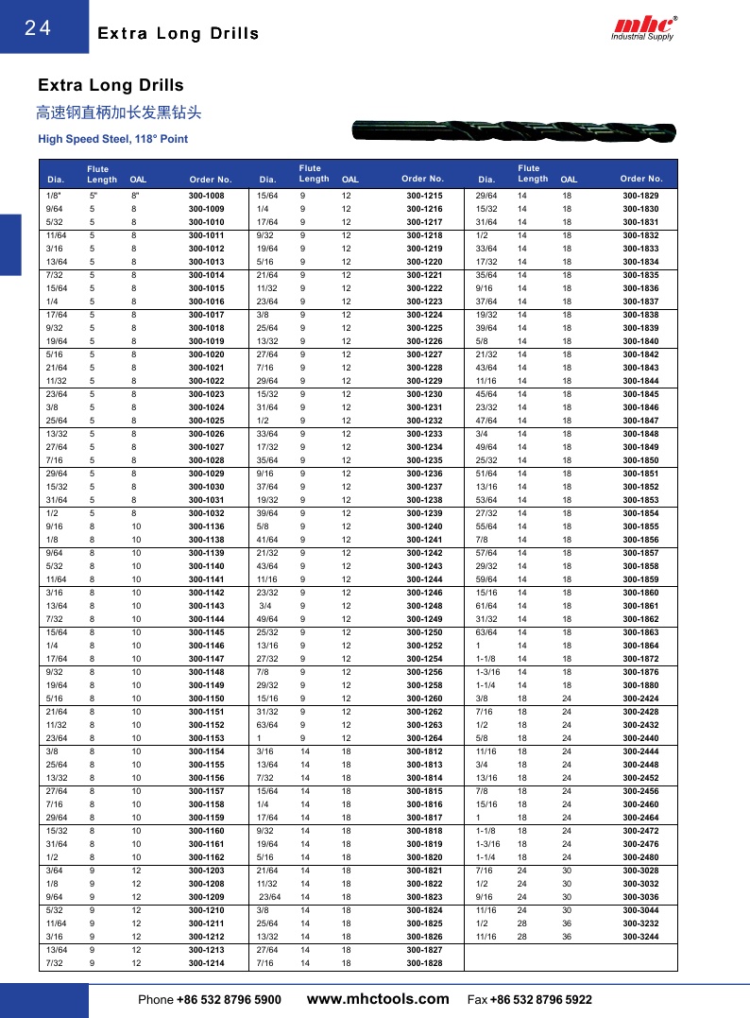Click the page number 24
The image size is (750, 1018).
pos(38,28)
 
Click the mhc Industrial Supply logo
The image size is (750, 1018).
pos(645,27)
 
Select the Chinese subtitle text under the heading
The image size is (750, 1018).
pos(118,113)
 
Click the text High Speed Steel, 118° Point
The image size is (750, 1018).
pos(112,139)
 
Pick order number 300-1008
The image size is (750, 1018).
pos(206,196)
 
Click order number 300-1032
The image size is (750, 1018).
pos(206,513)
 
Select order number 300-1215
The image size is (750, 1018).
pos(424,196)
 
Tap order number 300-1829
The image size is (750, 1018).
pos(640,196)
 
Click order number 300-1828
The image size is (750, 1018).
pos(424,963)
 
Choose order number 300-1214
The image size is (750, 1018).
pos(206,963)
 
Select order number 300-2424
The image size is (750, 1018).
pos(640,699)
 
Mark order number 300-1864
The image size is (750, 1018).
pos(640,646)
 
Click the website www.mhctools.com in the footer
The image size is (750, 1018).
pos(379,998)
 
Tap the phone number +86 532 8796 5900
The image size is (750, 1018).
pos(229,999)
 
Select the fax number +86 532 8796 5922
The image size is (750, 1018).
pos(541,999)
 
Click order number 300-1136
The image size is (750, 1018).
pos(206,526)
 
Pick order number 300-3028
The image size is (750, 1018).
pos(640,871)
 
